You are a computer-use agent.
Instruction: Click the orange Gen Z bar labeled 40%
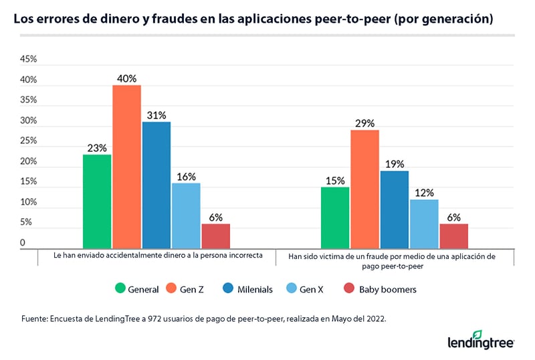pos(126,167)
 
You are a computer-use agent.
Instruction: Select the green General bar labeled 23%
pos(97,201)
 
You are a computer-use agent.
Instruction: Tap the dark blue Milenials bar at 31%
pos(156,185)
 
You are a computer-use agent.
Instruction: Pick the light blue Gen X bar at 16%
pos(186,215)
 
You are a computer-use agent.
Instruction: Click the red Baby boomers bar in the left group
pos(215,236)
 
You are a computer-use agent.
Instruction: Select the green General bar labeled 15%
pos(335,217)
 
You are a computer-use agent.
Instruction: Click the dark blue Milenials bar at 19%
pos(394,209)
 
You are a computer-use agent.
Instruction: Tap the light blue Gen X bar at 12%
pos(424,224)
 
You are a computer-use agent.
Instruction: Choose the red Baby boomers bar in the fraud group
pos(453,236)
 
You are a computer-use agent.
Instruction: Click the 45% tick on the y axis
pos(28,60)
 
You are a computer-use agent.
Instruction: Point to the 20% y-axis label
pos(28,162)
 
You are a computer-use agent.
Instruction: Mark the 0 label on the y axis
pos(23,243)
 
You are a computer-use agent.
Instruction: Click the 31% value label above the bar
pos(156,115)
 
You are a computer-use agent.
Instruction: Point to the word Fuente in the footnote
pos(35,320)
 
